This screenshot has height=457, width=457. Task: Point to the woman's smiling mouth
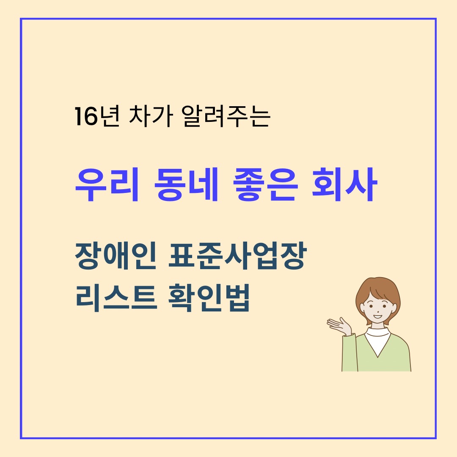(x=377, y=315)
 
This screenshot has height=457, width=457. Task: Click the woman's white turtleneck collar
(x=378, y=334)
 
